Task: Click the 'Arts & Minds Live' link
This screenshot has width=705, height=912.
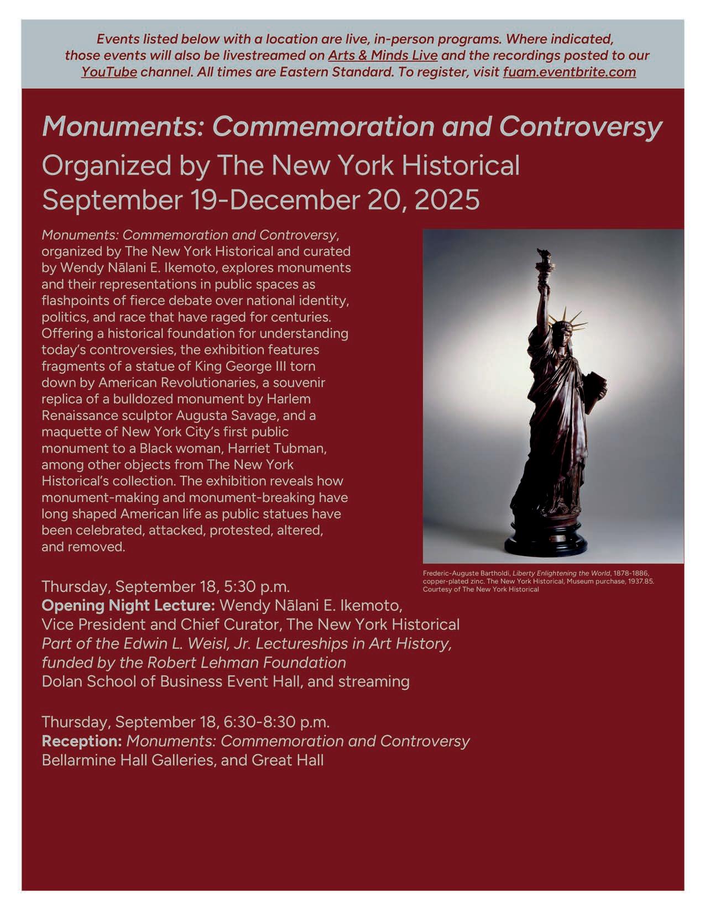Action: [383, 55]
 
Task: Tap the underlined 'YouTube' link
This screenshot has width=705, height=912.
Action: [109, 72]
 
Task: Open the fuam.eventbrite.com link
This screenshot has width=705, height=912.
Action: [569, 72]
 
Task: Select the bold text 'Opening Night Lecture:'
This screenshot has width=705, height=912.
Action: [128, 605]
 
